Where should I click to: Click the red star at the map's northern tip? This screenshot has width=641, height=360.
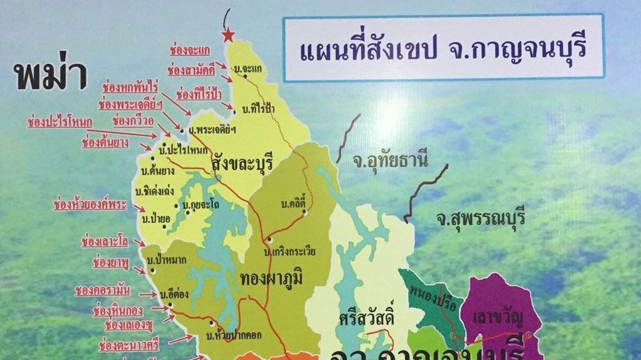point(228,36)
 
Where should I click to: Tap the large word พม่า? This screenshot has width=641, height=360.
point(51,75)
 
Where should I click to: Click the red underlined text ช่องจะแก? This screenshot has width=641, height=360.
point(188,47)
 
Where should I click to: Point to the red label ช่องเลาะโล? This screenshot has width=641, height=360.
point(105,241)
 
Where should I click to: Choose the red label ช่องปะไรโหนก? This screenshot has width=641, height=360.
point(59,123)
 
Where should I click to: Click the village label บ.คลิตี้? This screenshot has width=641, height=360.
point(297,205)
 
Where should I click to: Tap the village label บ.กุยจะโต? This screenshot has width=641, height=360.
point(198,206)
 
